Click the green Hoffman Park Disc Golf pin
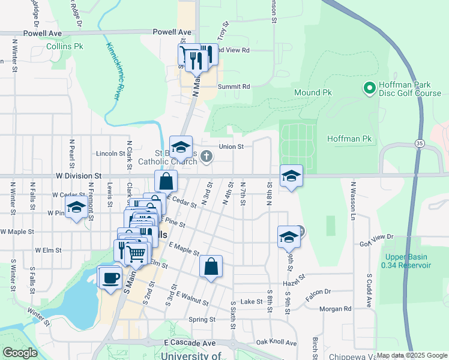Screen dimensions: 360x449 tap(369, 88)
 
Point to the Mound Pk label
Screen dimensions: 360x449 tap(313, 93)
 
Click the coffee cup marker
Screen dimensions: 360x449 tap(109, 278)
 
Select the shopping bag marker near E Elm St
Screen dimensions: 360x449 tap(211, 267)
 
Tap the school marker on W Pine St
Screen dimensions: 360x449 tap(76, 208)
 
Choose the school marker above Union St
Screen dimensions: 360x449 tap(181, 147)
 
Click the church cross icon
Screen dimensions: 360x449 tap(206, 157)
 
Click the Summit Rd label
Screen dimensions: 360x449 tap(234, 86)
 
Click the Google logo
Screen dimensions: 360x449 tap(20, 353)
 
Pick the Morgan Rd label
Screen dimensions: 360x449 tap(335, 309)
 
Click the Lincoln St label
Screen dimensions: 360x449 tap(110, 154)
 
